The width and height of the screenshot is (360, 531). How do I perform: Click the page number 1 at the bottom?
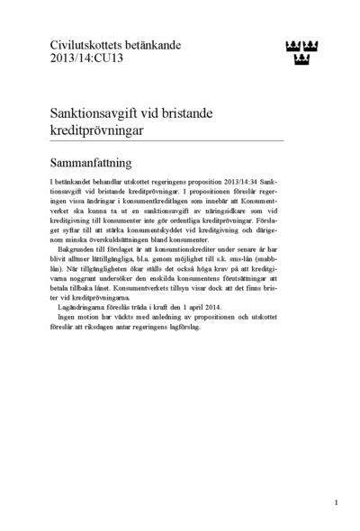[x=335, y=503]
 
